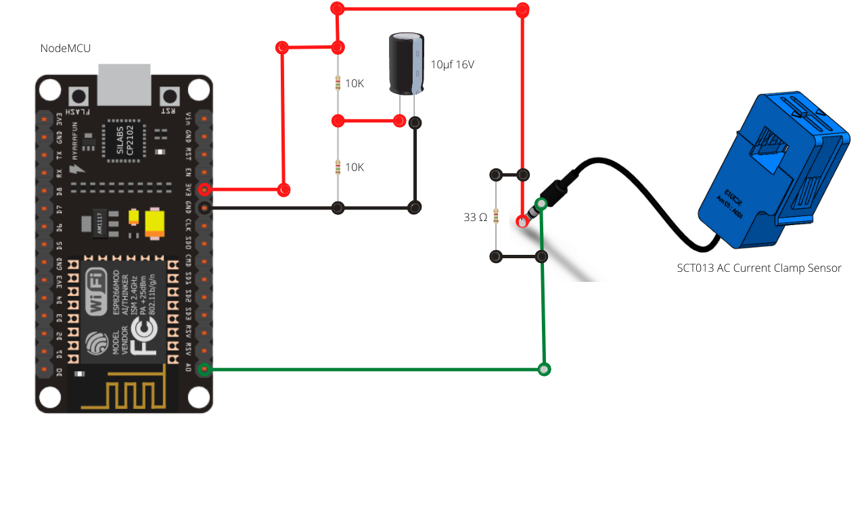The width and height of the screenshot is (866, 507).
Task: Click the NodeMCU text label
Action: [x=66, y=48]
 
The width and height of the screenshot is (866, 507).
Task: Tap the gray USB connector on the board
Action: [x=124, y=84]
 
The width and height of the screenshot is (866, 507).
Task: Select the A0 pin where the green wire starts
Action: [x=204, y=368]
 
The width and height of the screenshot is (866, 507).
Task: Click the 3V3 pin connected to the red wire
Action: [x=204, y=190]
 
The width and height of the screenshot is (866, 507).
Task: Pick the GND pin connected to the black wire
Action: [x=204, y=208]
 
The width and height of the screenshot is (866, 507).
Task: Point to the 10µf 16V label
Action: [x=453, y=65]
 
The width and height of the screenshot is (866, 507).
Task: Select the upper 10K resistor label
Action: [x=355, y=84]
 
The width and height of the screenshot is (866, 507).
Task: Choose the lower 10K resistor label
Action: [x=355, y=167]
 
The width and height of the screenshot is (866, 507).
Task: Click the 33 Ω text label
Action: [x=475, y=218]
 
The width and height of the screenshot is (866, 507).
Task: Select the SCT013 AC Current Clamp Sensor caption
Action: [x=759, y=268]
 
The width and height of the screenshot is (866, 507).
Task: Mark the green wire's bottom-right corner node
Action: [x=544, y=369]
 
